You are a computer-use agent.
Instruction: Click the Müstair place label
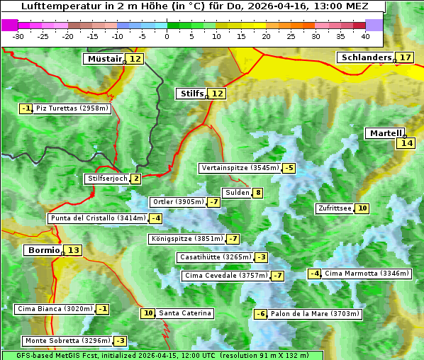pos(104,59)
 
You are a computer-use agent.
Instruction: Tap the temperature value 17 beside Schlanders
pos(406,57)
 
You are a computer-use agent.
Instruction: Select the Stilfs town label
pos(191,94)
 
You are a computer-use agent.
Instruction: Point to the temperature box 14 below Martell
pos(406,143)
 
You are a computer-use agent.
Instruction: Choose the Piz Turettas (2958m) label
pos(72,108)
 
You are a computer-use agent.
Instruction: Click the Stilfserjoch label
pos(107,179)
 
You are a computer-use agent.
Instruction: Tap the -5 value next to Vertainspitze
pos(289,168)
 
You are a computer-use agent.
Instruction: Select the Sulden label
pos(236,193)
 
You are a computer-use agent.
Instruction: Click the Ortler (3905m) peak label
pos(178,202)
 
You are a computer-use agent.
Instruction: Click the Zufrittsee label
pos(335,208)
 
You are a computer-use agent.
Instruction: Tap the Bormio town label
pos(43,250)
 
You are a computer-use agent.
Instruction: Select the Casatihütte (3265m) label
pos(213,257)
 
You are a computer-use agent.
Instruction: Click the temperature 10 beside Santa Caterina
pos(147,313)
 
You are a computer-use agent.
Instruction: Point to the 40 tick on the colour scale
pos(365,36)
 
